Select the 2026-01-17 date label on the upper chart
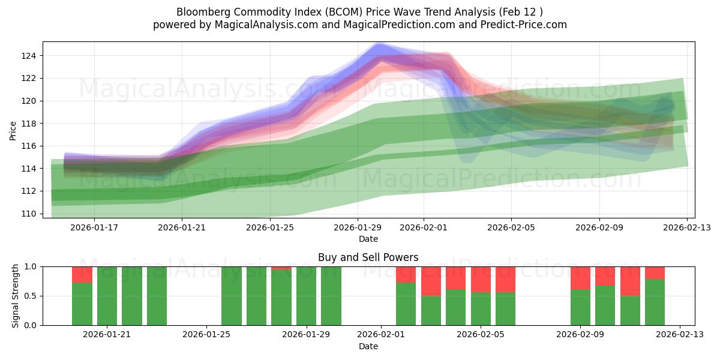94,227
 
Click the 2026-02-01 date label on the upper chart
424,227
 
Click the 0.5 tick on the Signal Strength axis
31,296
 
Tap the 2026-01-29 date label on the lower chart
307,335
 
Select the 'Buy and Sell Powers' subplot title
368,257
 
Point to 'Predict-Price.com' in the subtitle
526,25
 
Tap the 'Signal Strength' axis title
16,296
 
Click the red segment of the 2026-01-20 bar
82,274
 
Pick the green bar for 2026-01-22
132,296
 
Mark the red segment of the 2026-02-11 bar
630,281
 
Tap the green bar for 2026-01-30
331,296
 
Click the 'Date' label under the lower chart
368,346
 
